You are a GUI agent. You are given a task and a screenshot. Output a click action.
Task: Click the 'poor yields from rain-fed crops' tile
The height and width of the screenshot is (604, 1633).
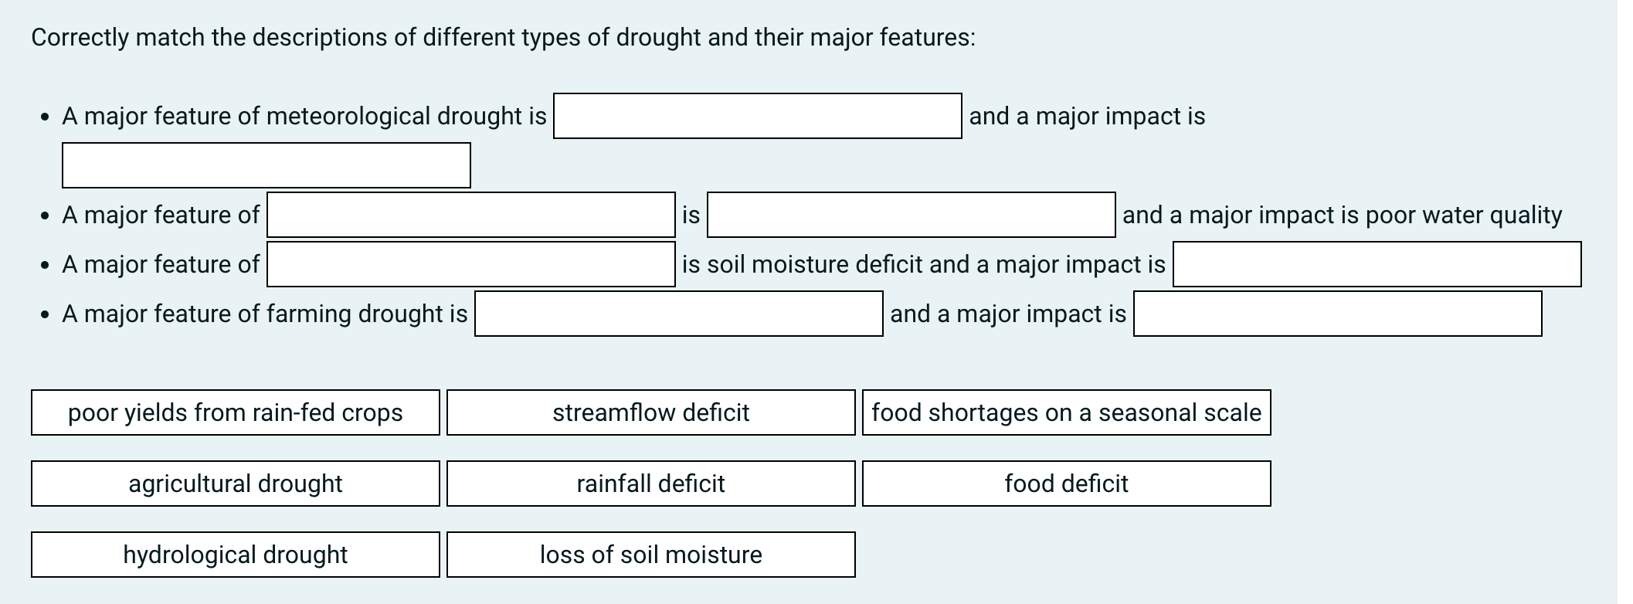[236, 412]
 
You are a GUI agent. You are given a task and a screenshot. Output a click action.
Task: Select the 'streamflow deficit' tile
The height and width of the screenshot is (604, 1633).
[650, 412]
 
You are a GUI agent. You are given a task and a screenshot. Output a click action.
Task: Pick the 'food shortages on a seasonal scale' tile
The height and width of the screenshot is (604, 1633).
[1066, 412]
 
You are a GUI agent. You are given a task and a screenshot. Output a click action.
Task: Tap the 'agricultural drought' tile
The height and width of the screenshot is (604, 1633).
[236, 484]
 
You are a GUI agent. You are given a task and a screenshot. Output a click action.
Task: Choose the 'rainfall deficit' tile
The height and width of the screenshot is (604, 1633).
[650, 484]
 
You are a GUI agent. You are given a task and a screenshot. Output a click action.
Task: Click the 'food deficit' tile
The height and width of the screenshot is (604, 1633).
[1066, 484]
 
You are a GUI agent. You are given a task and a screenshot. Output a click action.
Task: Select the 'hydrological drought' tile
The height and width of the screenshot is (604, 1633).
[236, 555]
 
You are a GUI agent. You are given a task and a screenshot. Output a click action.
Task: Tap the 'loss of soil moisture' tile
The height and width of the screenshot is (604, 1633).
[650, 555]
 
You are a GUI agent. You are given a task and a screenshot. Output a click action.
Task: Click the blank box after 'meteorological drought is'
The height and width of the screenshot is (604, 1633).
[757, 116]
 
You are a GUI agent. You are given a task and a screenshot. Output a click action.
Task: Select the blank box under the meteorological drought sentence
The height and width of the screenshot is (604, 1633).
[267, 165]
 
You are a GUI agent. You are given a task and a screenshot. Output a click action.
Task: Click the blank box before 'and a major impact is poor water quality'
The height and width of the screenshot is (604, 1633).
[911, 215]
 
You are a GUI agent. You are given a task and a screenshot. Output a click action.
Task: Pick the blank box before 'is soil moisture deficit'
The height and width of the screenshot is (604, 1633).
[471, 264]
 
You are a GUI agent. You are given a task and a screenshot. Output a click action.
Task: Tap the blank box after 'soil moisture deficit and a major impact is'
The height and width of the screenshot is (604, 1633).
[1377, 264]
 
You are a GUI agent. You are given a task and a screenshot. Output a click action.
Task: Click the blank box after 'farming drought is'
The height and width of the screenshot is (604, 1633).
[678, 314]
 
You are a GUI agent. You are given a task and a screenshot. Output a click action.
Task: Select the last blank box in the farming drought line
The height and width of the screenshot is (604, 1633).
[1337, 314]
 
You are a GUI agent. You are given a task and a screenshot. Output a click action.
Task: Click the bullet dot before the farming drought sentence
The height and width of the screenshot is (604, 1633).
[46, 314]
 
